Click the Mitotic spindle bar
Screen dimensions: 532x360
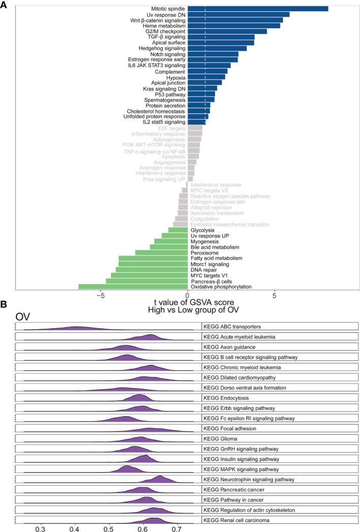(x=258, y=9)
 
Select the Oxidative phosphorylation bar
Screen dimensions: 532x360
(x=133, y=287)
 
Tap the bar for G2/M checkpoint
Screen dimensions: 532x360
(x=227, y=32)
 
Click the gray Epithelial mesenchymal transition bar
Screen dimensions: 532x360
(x=181, y=225)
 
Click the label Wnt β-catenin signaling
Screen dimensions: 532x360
(x=157, y=20)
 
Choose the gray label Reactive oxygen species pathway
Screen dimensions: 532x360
(x=230, y=196)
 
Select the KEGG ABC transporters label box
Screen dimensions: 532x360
(x=280, y=326)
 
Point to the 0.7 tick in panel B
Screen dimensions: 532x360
(x=177, y=528)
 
